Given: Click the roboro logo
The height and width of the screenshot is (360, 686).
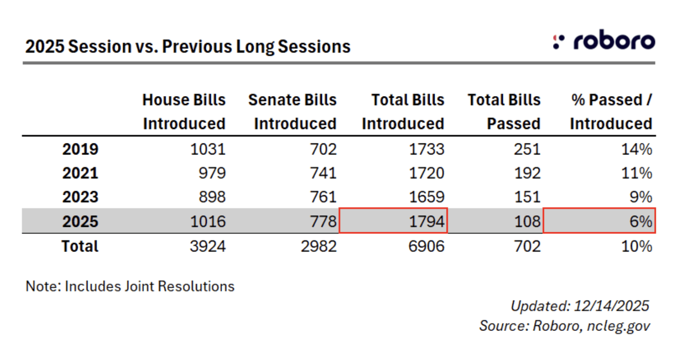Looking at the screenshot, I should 604,41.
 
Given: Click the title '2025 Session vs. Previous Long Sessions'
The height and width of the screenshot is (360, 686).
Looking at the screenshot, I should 188,46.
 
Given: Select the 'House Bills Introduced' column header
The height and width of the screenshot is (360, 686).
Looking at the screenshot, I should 184,111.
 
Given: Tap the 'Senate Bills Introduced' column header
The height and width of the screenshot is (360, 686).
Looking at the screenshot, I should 293,111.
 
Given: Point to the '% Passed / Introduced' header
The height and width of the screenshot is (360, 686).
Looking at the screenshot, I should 611,111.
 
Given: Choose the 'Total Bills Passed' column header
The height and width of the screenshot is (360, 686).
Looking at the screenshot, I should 505,111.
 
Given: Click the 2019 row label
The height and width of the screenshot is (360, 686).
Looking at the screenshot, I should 80,149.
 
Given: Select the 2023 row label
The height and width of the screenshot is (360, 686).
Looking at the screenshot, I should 80,197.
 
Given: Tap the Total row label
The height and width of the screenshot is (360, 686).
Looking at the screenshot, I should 80,246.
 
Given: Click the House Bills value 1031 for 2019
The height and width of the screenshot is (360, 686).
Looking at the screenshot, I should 208,149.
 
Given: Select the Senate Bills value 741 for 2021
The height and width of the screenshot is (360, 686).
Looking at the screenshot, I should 323,173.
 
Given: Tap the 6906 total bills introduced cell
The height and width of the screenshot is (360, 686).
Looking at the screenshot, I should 427,246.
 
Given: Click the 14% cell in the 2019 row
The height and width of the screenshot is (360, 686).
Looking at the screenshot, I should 637,149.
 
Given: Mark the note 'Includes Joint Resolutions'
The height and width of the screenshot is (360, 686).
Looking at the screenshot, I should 130,286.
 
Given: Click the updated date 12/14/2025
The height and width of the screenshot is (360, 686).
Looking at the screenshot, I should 611,306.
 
